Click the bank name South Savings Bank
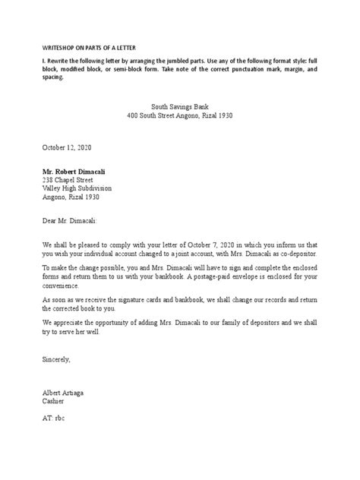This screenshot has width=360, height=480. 180,108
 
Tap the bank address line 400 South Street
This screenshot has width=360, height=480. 180,118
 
